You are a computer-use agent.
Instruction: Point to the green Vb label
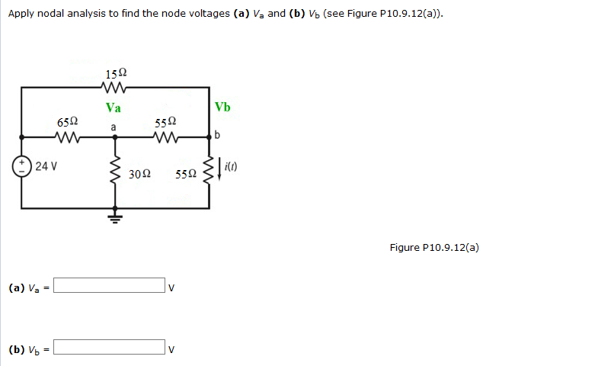click(222, 107)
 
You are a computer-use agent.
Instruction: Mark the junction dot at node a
click(116, 137)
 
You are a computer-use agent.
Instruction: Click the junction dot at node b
click(209, 137)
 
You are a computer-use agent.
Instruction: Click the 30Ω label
click(139, 174)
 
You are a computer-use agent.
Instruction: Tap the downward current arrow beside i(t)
click(220, 167)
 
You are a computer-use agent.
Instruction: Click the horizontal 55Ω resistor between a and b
click(165, 137)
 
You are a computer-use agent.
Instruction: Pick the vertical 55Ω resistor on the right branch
click(208, 172)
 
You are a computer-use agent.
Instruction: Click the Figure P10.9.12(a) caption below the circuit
click(433, 247)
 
